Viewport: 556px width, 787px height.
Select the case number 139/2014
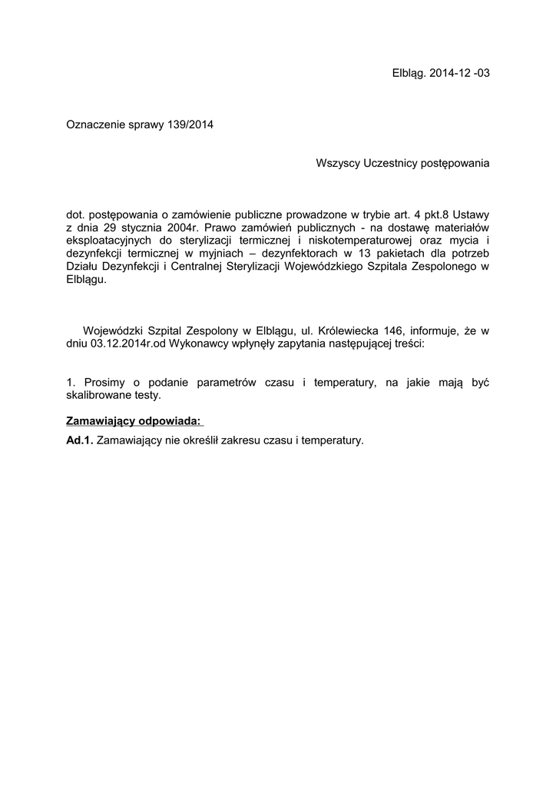coord(190,124)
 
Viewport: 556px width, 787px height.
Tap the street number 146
coord(400,331)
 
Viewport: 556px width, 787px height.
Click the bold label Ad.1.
coord(80,440)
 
